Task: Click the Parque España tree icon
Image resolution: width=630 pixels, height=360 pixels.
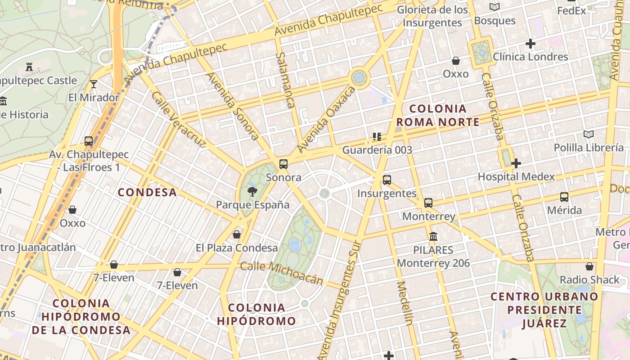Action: point(252,192)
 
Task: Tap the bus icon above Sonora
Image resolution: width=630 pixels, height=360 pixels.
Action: point(283,164)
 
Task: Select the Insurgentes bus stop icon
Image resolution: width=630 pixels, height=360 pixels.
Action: point(387,180)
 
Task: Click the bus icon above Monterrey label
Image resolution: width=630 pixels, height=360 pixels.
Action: point(428,203)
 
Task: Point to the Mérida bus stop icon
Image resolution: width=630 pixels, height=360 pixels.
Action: point(564,197)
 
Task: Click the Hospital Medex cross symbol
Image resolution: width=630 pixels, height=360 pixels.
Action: point(516,163)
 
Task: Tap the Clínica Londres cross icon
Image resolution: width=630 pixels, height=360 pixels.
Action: point(531,44)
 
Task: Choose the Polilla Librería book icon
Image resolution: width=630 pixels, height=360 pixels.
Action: point(589,134)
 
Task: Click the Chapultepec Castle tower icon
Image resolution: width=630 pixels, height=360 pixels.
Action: point(30,67)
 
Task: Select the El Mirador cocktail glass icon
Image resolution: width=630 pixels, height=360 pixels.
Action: point(94,84)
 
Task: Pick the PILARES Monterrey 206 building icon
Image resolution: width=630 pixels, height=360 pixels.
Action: point(433,236)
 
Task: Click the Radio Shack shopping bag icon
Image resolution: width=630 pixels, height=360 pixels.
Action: point(589,266)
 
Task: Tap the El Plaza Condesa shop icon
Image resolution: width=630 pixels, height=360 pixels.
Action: point(237,234)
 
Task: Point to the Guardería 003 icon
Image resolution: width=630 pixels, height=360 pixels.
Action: point(377,136)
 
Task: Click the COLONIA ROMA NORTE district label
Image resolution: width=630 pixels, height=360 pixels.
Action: point(438,115)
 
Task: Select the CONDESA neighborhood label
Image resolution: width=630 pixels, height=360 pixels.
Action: point(147,192)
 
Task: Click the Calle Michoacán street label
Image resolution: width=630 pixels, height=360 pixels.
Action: point(282,273)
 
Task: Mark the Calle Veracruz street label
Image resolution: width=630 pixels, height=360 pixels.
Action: point(178,120)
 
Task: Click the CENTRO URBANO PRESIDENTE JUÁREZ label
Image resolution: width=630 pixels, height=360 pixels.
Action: point(544,310)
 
